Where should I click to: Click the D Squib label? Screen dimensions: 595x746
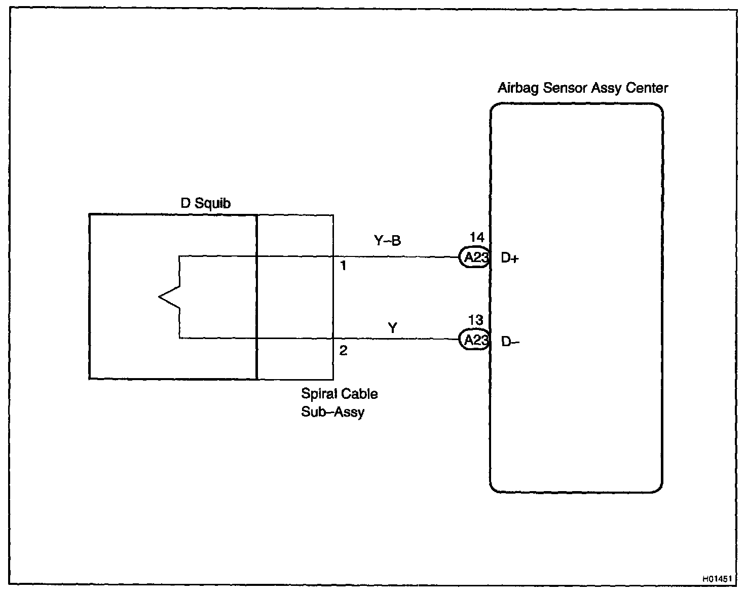206,203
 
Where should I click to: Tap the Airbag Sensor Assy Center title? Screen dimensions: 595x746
582,88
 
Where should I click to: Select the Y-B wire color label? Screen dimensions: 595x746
387,241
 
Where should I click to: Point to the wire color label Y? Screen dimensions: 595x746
392,328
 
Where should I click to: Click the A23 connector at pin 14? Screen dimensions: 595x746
474,257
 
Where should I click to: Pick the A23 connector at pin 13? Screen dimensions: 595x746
474,340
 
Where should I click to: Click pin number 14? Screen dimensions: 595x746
476,237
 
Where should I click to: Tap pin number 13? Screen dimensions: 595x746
475,320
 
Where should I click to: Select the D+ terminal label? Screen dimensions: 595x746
510,258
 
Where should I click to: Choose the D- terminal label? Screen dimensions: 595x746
510,342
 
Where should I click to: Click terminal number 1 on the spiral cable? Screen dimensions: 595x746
343,266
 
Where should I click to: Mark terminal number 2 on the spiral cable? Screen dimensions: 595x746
343,351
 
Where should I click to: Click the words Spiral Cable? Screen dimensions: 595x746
339,394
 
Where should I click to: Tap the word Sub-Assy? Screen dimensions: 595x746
332,412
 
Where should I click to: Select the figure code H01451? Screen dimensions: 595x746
717,578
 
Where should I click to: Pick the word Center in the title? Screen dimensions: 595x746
647,88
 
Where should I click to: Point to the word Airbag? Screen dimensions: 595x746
518,88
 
